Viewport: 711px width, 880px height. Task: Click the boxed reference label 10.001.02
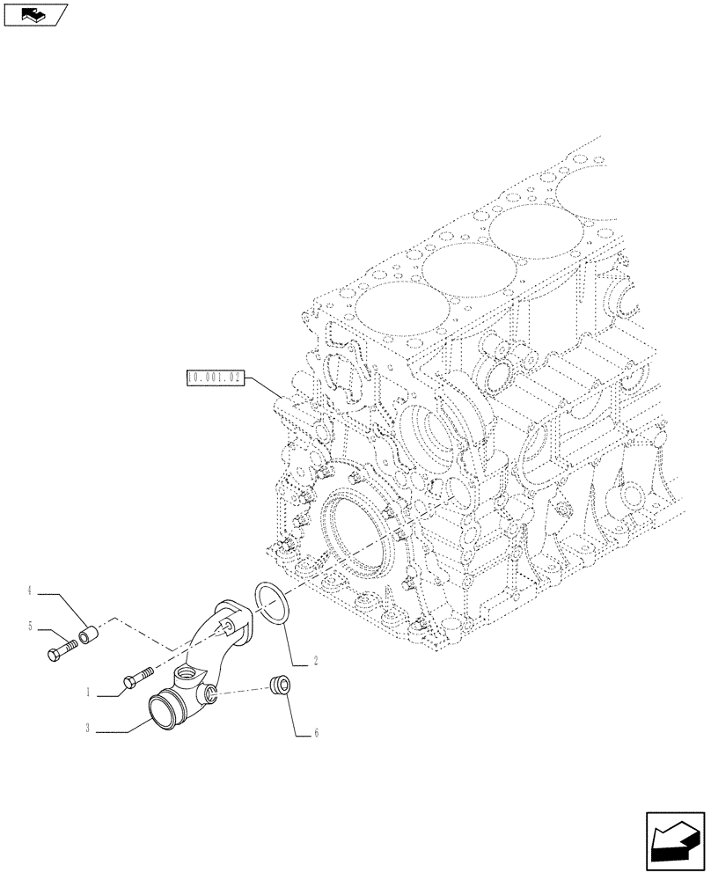point(215,378)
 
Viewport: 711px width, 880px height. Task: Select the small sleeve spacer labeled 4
point(88,633)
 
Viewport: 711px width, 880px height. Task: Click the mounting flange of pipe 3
point(236,621)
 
